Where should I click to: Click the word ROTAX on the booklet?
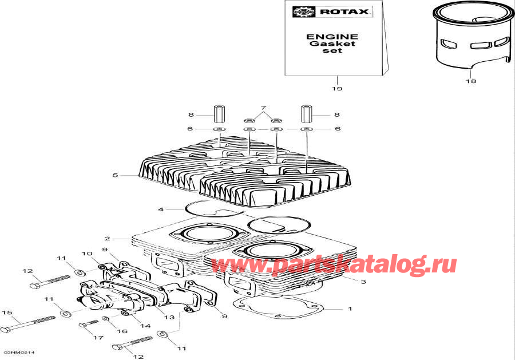click(x=344, y=12)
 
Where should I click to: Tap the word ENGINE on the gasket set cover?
click(x=332, y=37)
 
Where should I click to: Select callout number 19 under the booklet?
click(x=337, y=88)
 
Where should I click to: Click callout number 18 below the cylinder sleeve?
click(x=471, y=81)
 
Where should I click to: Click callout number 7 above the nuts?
click(x=263, y=108)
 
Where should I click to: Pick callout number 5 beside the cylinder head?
click(x=115, y=175)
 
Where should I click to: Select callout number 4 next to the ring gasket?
click(x=161, y=209)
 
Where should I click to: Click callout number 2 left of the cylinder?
click(x=108, y=239)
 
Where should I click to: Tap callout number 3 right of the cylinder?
click(x=363, y=282)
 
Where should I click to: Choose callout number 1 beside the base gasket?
click(x=350, y=308)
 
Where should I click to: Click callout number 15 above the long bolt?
click(x=7, y=312)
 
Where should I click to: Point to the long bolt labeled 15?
click(x=27, y=324)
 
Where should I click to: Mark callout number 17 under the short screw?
click(x=98, y=337)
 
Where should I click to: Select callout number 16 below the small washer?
click(x=122, y=331)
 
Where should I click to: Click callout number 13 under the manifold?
click(x=169, y=317)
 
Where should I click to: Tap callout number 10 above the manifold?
click(x=87, y=254)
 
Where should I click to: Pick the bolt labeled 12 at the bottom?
click(x=132, y=343)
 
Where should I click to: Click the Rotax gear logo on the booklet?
click(x=304, y=12)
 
